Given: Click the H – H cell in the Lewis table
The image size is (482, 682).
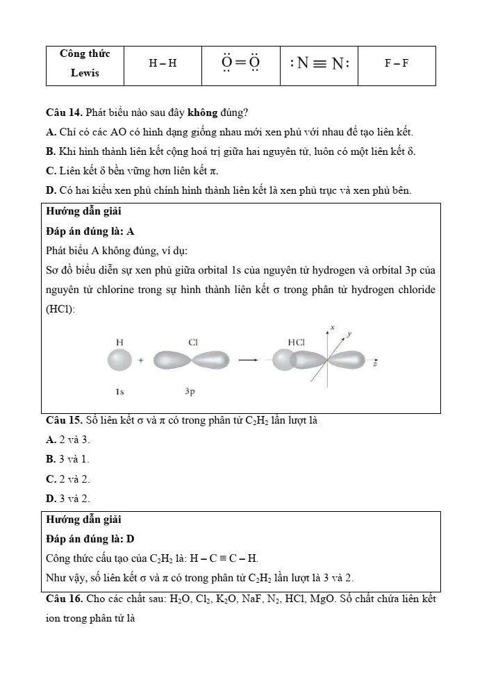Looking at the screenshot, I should pos(163,64).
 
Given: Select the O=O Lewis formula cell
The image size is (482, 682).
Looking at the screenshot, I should pos(241,64).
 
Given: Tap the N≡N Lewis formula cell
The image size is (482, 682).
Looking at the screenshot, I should pos(319,64).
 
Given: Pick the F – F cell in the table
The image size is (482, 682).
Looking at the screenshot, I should pos(397,64).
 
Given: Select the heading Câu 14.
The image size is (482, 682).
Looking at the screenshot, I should pos(64,113).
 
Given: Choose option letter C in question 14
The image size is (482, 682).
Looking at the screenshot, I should pos(51,171).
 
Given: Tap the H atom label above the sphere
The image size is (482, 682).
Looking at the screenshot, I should pos(119,342).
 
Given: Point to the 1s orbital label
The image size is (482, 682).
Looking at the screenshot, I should pos(119,392).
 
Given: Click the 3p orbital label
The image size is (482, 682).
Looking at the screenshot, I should pos(190,392).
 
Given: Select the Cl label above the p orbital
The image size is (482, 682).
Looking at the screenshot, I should pos(193,342).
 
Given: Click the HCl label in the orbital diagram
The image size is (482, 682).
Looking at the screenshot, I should pos(297,342).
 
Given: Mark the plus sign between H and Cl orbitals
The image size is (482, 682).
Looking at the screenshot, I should pos(141,361).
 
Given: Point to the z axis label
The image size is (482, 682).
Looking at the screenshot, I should pos(376,363).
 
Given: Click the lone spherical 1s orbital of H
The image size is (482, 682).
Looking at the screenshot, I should pos(119,360).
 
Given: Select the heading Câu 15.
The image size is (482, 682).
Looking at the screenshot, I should pos(64,420).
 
